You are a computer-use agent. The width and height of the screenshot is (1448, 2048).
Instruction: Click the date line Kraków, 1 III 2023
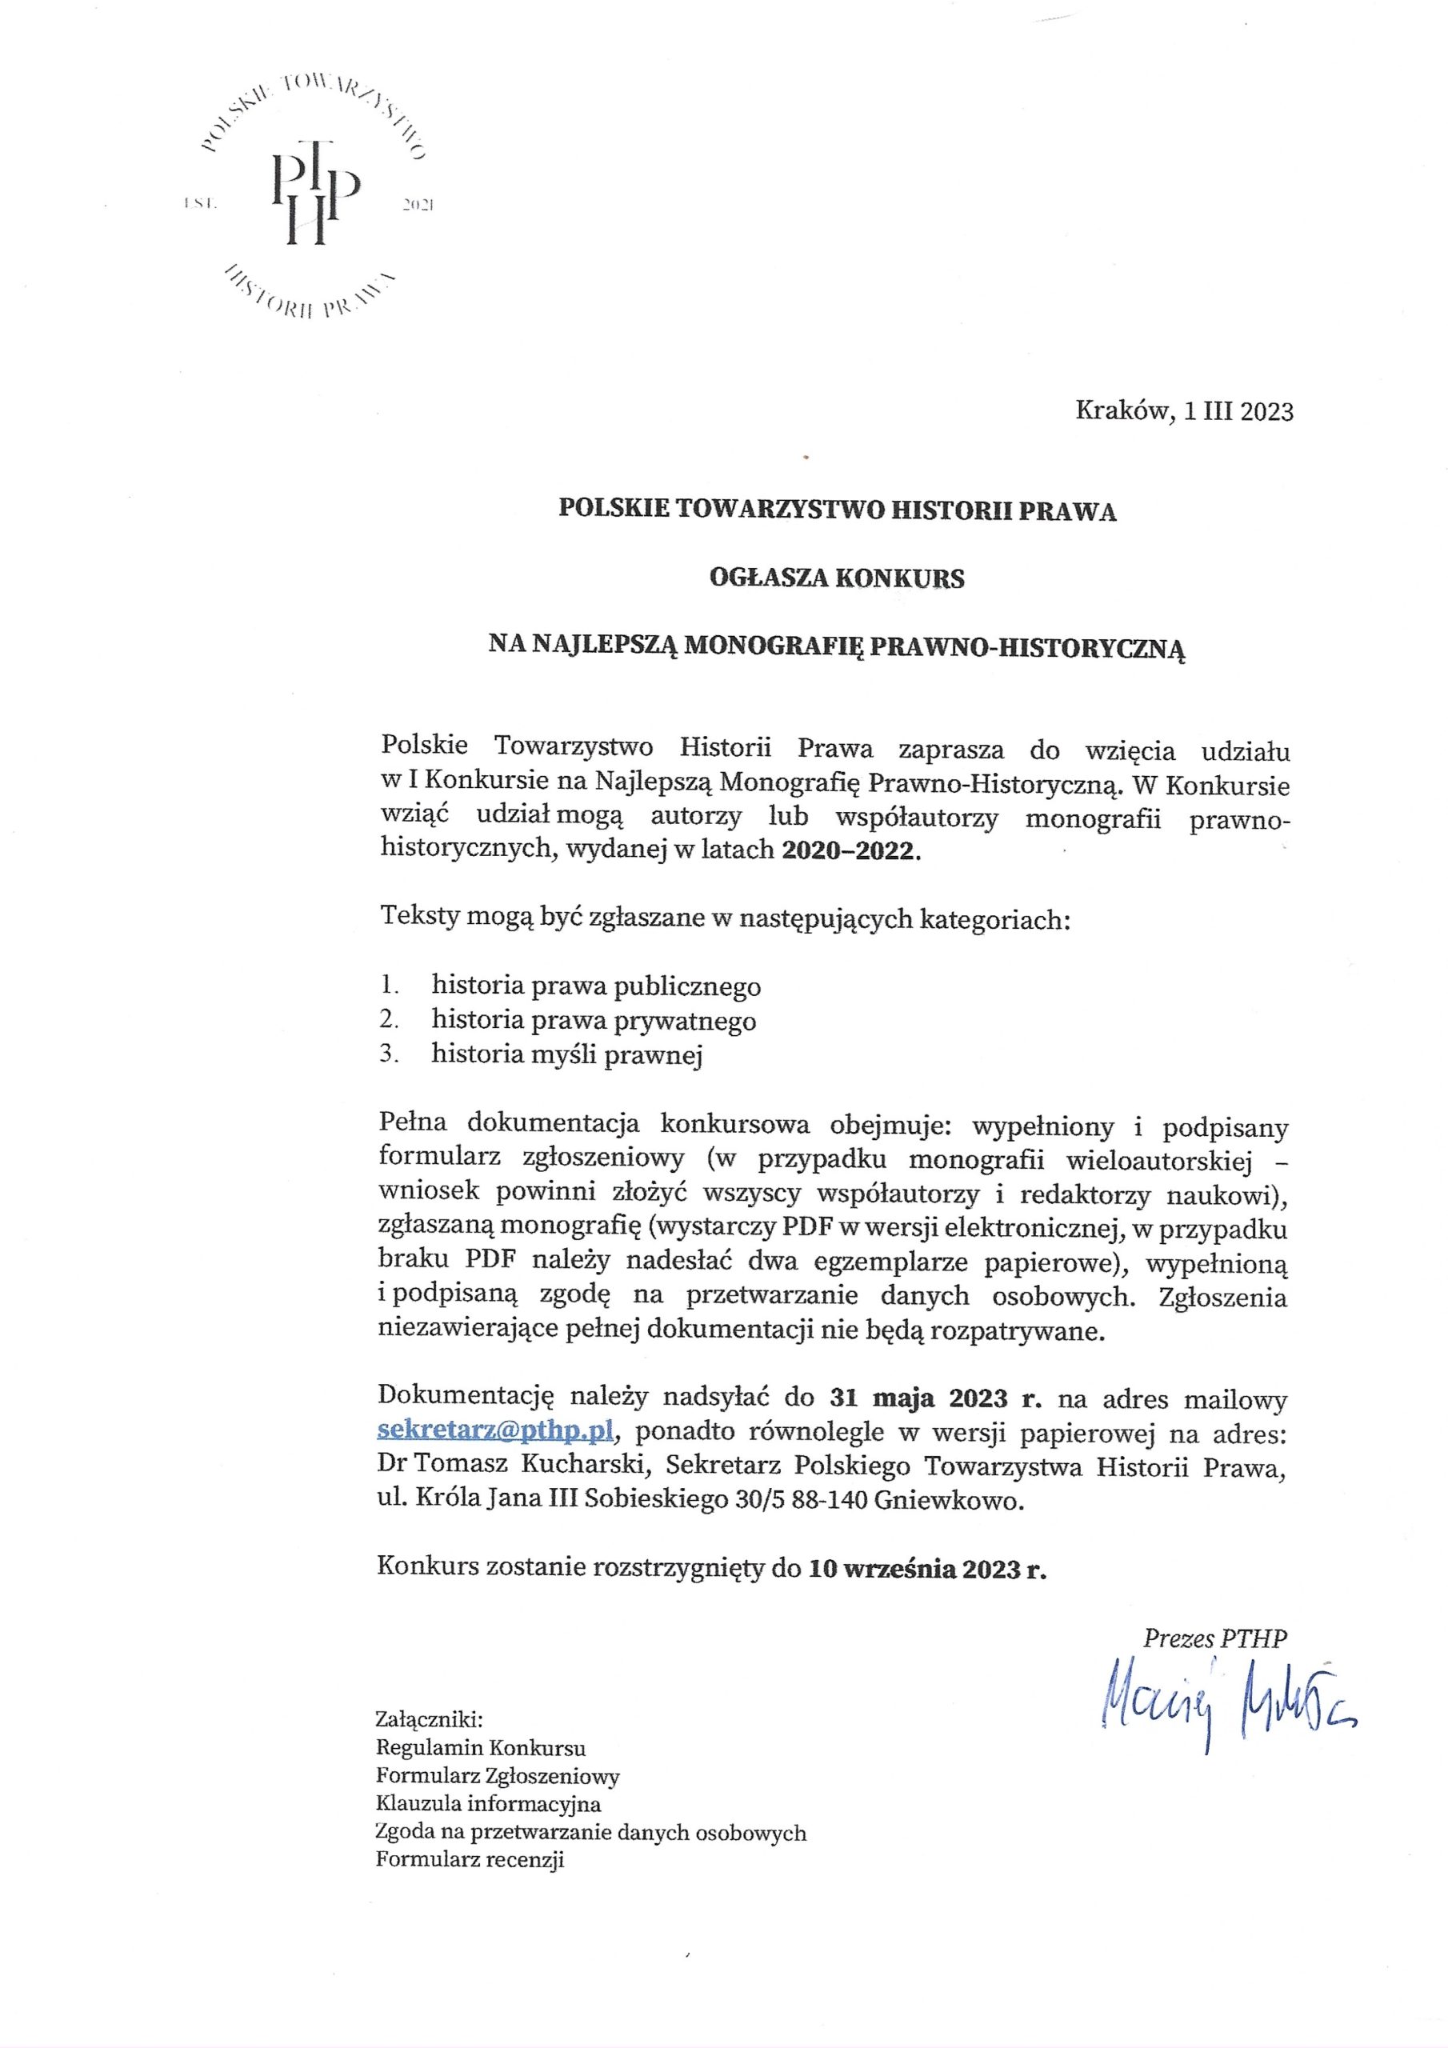point(1184,411)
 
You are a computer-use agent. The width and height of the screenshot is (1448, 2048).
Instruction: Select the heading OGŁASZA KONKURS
point(837,579)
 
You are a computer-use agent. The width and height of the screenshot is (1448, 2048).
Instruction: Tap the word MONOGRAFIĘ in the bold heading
point(774,646)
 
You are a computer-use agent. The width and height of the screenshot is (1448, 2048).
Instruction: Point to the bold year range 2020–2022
point(850,850)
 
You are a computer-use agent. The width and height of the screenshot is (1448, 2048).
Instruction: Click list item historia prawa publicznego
point(596,986)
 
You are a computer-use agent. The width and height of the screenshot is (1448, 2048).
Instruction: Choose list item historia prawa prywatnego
point(594,1021)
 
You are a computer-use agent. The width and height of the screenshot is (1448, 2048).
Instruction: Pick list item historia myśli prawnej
point(567,1054)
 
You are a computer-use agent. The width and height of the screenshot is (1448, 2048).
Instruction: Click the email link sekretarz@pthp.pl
point(496,1430)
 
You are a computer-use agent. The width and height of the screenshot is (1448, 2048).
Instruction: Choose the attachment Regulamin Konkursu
point(481,1747)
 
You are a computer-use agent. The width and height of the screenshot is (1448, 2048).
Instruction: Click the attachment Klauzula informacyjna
point(488,1803)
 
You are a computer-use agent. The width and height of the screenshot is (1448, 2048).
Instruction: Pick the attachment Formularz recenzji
point(470,1860)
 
